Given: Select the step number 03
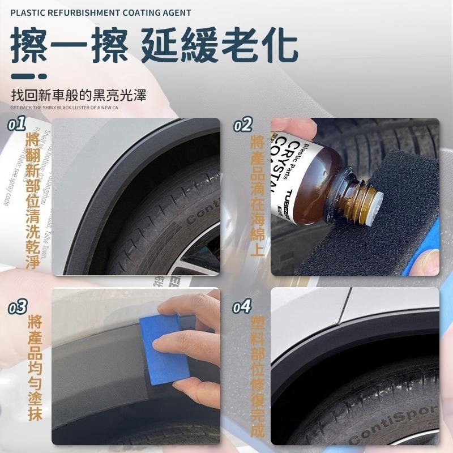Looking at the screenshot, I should click(18, 307).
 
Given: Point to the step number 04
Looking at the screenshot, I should click(242, 307).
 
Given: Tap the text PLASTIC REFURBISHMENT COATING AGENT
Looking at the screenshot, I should click(101, 12).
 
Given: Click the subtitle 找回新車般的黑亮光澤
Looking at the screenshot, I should click(79, 94).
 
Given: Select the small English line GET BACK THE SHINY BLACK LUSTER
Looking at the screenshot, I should click(64, 106).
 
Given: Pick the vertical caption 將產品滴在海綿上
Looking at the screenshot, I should click(257, 195).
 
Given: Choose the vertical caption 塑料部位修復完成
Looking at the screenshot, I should click(257, 377).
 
